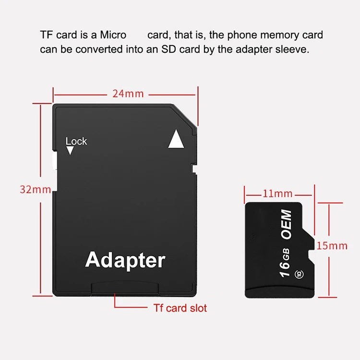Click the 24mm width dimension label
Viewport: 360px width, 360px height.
[124, 93]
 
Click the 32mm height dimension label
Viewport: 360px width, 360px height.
[35, 189]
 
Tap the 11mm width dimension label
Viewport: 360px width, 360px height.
[277, 194]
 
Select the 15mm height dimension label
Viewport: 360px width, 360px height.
[332, 246]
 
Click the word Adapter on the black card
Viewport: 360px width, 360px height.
[125, 260]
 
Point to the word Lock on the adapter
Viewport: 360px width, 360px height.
[76, 141]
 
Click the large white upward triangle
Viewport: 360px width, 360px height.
[176, 139]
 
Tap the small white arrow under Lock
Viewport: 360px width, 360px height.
[70, 151]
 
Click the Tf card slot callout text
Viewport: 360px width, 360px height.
[180, 308]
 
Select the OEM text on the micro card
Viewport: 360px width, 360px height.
[286, 225]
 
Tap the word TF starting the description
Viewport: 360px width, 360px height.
[47, 35]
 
